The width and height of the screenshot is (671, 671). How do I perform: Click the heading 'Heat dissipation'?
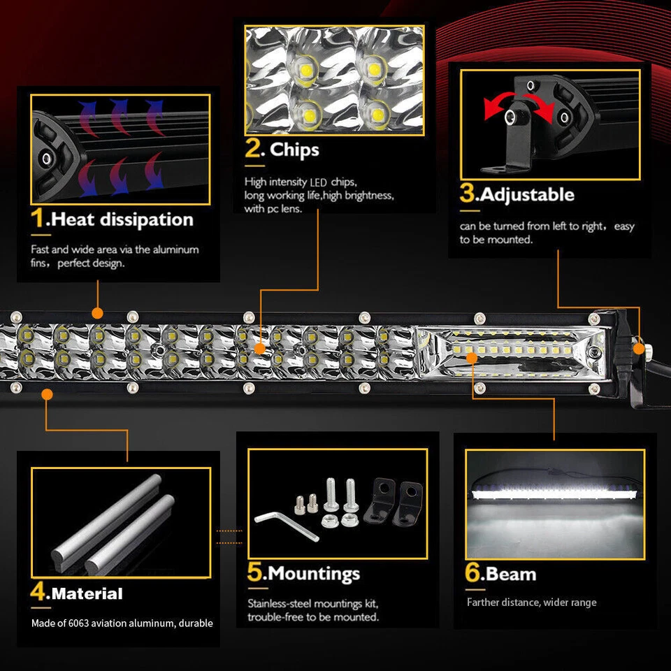coord(122,219)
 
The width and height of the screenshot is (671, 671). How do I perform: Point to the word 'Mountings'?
coord(314,574)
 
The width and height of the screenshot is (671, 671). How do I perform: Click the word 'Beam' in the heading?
coord(511,574)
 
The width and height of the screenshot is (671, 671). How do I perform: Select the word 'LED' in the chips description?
coord(319,182)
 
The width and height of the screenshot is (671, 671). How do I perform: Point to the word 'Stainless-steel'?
coord(279,603)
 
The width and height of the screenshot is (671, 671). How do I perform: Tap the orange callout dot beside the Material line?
coord(47,394)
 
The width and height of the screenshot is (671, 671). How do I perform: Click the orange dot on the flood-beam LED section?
coord(472,357)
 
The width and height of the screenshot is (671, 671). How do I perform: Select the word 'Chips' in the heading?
coord(294,149)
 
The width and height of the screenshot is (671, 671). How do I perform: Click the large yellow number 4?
coord(38,593)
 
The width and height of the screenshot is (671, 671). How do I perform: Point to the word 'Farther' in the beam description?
coord(484,603)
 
